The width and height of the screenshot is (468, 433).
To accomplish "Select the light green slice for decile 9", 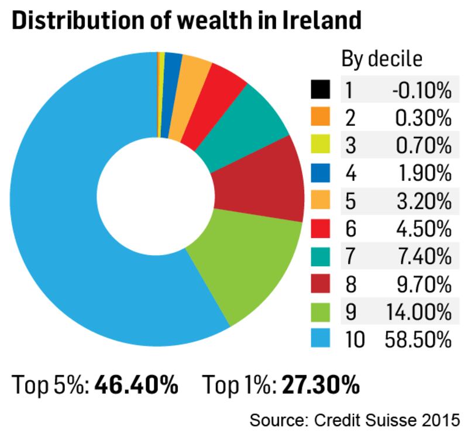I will point(246,263).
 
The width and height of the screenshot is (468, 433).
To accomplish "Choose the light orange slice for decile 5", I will point(193,76).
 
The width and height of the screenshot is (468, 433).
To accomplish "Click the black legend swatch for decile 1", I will point(321,91).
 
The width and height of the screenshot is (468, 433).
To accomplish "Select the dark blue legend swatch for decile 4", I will point(321,173).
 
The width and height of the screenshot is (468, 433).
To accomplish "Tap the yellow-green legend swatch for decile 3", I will point(321,146).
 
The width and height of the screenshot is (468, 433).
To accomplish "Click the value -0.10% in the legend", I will point(422,91).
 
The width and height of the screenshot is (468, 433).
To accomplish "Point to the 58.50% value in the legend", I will point(417,339).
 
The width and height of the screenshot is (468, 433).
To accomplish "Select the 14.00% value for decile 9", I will point(418,311).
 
